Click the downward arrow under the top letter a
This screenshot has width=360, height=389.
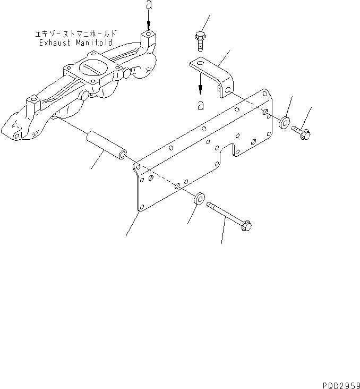149,24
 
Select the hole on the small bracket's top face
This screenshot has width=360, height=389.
200,63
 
